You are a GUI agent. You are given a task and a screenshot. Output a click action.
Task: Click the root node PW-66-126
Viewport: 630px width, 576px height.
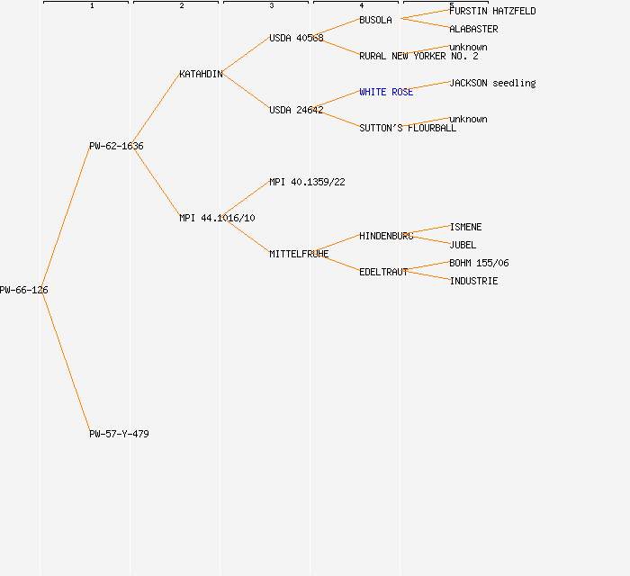23,290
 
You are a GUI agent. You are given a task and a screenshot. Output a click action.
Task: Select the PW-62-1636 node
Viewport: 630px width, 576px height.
116,146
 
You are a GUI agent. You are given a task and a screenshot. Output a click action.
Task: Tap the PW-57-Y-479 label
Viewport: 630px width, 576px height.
119,434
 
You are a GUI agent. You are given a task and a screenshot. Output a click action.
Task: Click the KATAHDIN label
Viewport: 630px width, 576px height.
201,75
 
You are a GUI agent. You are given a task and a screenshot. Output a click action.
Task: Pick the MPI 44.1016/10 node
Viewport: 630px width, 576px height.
217,218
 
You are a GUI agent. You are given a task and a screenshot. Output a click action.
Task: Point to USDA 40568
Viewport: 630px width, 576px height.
296,38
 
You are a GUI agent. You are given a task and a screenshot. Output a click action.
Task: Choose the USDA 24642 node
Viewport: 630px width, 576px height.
296,110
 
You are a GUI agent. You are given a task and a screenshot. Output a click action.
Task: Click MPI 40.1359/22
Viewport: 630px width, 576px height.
307,182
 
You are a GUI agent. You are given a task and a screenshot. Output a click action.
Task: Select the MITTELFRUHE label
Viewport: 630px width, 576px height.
299,254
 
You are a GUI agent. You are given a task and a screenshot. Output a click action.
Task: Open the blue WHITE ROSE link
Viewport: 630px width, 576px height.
386,92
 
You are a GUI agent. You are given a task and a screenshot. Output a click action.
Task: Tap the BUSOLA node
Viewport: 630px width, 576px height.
375,20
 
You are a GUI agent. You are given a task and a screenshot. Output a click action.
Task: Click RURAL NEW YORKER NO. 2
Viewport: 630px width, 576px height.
418,56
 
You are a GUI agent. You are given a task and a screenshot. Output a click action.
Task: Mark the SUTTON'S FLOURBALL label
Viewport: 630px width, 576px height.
408,128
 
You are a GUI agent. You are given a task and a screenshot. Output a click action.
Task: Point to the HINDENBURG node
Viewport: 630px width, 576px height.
386,236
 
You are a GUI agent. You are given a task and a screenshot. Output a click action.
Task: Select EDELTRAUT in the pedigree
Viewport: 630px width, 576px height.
383,272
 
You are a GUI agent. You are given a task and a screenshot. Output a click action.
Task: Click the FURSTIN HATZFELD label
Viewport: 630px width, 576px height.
492,11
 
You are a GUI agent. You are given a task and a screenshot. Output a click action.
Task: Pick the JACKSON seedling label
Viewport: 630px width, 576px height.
492,83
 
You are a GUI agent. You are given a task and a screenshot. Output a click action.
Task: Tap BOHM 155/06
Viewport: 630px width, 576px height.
479,263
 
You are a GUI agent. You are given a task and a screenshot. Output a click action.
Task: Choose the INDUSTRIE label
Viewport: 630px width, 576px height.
473,281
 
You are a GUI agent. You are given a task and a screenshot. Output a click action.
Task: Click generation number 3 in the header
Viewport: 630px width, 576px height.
272,5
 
